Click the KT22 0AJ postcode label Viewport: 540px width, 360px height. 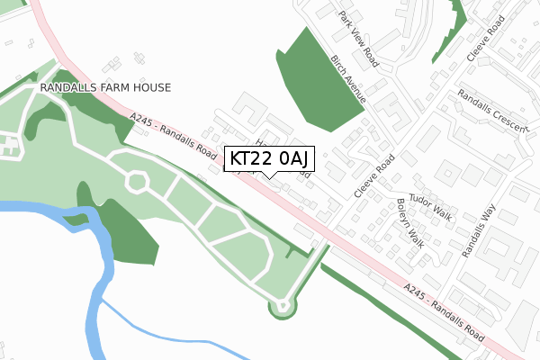tap(268, 158)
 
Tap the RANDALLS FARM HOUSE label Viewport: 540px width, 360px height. tap(104, 88)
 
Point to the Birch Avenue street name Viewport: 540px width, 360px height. tap(347, 79)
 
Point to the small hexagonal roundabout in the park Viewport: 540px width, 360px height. tap(136, 182)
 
